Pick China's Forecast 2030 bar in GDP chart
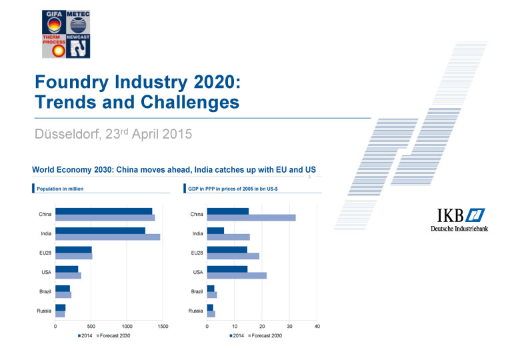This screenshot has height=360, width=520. tap(251, 217)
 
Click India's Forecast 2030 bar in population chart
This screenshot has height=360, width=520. tap(107, 237)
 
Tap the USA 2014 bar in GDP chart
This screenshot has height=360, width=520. tap(227, 269)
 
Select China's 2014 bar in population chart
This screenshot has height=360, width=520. tap(103, 211)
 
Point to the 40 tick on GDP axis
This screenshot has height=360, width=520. tap(317, 327)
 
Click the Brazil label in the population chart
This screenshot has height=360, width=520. tap(44, 292)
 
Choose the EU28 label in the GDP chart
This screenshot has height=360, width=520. tap(197, 253)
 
